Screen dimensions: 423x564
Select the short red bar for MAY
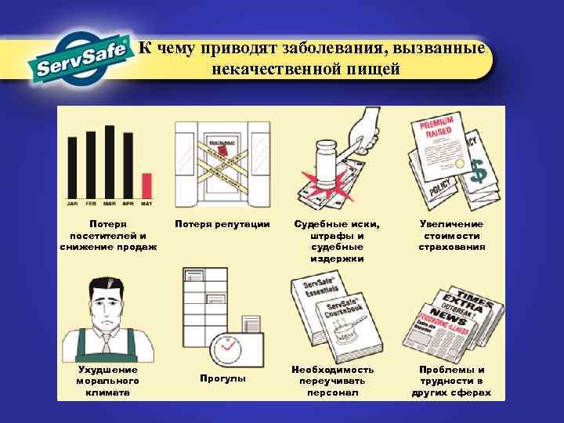tap(146, 186)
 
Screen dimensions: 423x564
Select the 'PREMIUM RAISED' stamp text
tap(440, 132)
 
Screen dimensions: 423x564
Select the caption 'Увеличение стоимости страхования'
tap(452, 235)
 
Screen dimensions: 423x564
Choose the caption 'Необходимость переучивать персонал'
tap(332, 380)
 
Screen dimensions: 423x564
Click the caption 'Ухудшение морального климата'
tap(107, 380)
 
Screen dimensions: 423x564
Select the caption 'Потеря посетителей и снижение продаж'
tap(108, 235)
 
